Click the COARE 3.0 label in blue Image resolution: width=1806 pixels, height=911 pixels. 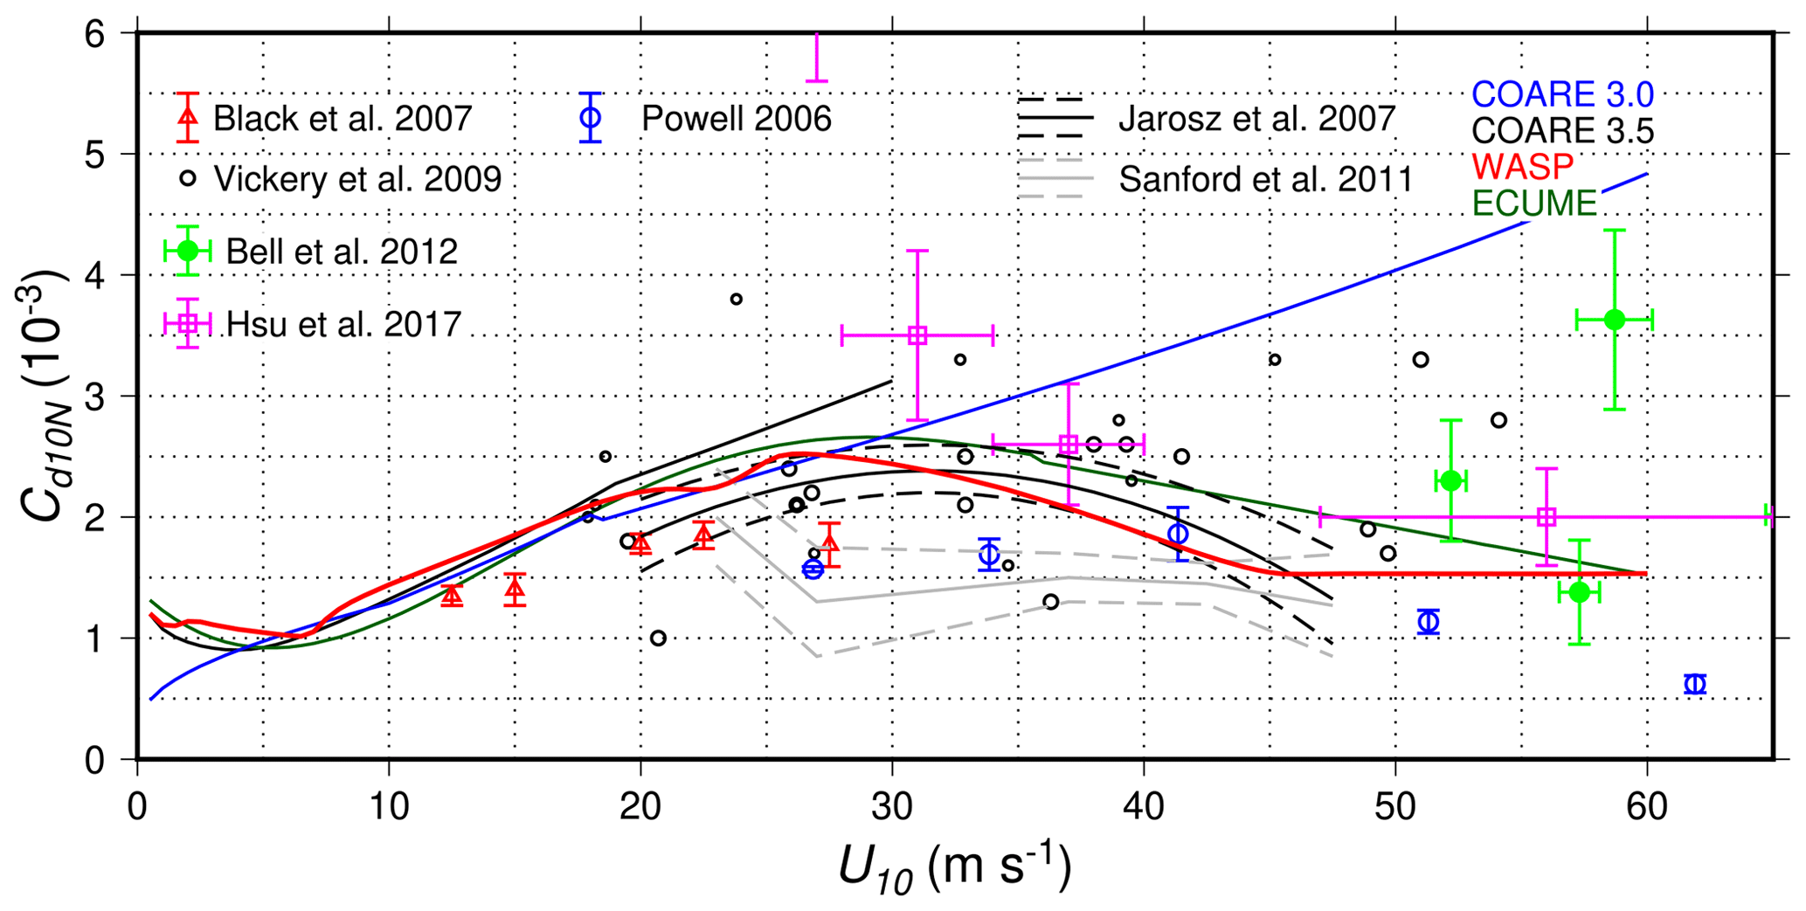pos(1562,94)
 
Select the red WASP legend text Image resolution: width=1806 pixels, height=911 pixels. pos(1522,166)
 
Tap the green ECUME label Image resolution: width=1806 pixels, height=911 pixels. pos(1534,203)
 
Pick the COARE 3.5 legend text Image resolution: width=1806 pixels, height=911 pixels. pos(1562,131)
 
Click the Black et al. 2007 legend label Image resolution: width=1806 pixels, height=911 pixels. pos(343,119)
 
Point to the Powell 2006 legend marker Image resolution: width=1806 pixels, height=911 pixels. pos(591,118)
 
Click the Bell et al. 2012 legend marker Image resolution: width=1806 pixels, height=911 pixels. pos(187,252)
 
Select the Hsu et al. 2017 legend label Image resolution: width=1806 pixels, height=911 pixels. pos(343,325)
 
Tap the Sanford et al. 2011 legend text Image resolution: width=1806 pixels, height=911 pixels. pos(1265,179)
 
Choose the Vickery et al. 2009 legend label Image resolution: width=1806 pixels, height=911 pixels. pos(357,179)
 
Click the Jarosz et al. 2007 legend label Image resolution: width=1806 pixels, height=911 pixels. pos(1256,119)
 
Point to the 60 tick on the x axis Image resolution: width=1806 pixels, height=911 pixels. pos(1647,807)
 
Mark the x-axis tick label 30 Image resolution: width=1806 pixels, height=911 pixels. pos(892,807)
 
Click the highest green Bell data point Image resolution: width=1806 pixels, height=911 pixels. pos(1614,320)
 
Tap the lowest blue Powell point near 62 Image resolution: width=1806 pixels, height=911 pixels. pos(1695,684)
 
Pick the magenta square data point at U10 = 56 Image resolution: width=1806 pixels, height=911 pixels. pos(1547,516)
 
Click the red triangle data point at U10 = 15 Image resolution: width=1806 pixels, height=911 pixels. pos(515,591)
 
